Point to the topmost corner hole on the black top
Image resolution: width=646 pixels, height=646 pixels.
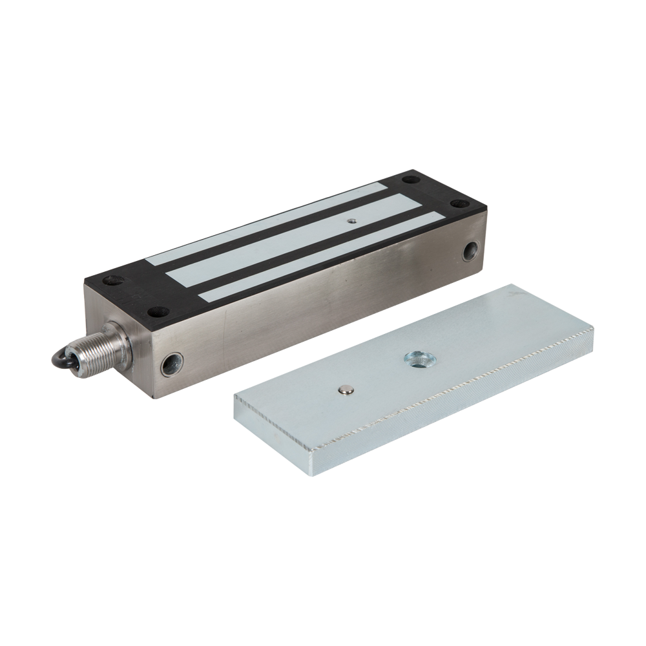(412, 176)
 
